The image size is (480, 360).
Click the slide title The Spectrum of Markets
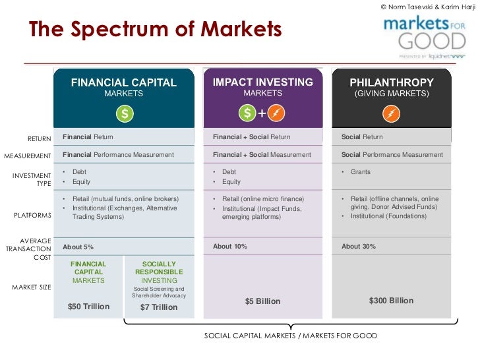[155, 30]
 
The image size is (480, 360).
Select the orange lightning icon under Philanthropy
[392, 114]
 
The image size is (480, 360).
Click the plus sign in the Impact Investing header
[262, 114]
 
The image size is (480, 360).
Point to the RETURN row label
[39, 138]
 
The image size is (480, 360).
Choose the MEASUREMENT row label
[28, 156]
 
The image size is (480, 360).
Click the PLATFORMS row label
[33, 216]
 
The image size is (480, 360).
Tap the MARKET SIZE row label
[32, 287]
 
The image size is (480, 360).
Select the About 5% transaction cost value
[78, 247]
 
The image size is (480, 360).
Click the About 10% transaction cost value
[229, 247]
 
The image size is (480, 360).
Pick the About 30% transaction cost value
[358, 247]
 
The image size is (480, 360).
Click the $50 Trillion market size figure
[88, 307]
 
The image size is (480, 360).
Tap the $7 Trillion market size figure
[158, 307]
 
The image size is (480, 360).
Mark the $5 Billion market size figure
[262, 301]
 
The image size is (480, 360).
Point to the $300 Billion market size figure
[391, 301]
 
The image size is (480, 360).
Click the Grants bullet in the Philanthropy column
[361, 172]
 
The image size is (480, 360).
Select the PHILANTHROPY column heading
[392, 82]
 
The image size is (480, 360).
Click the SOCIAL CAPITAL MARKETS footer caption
[291, 336]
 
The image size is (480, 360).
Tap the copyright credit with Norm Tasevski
[428, 7]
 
